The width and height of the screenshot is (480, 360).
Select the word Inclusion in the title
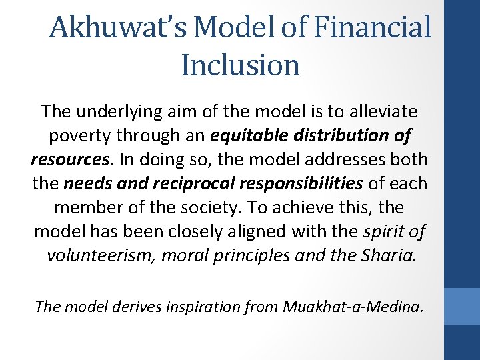click(240, 65)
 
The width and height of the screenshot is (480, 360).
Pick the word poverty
click(77, 135)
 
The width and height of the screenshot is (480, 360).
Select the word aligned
click(261, 232)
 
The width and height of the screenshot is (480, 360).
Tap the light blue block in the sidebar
click(461, 306)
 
